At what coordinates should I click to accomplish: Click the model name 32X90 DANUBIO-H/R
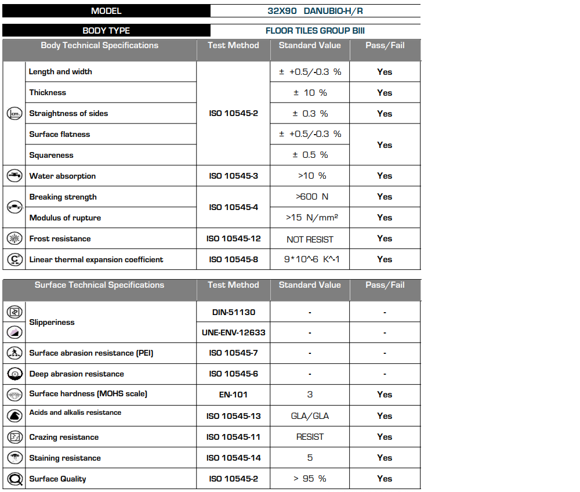click(x=316, y=11)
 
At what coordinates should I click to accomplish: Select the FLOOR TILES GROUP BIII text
click(x=315, y=31)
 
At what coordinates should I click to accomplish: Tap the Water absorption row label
click(x=63, y=176)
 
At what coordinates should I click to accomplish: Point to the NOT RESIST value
click(x=310, y=239)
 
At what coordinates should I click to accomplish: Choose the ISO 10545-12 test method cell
click(x=233, y=238)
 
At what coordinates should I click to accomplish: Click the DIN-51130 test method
click(x=233, y=312)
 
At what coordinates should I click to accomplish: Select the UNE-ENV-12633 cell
click(x=233, y=333)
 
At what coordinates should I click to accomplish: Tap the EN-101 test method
click(x=233, y=395)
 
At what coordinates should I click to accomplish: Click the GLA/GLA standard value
click(x=310, y=416)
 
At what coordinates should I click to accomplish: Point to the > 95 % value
click(x=310, y=479)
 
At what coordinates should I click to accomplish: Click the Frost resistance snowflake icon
click(x=14, y=238)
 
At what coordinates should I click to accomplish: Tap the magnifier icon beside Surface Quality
click(x=14, y=479)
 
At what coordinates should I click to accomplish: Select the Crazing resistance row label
click(x=64, y=437)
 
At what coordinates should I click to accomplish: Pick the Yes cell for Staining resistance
click(x=385, y=458)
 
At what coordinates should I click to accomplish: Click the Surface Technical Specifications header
click(x=99, y=285)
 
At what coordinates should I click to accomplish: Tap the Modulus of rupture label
click(x=65, y=218)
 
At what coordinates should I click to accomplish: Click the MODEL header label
click(x=106, y=11)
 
